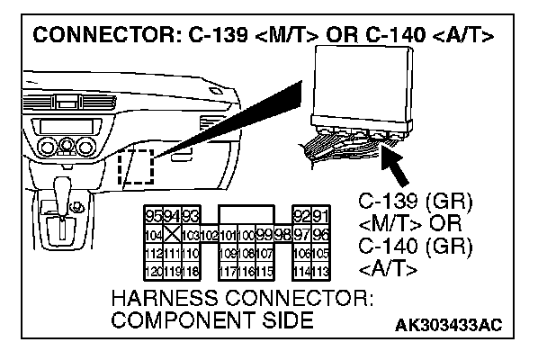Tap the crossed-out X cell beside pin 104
(167, 235)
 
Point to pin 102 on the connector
(208, 235)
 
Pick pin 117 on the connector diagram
(228, 271)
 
